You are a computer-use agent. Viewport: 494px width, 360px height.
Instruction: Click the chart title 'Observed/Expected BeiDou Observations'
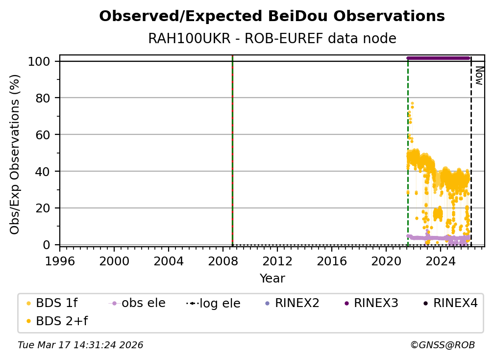272,17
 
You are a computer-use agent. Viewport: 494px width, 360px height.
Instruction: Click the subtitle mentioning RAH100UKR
272,39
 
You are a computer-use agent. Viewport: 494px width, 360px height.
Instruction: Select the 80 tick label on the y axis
45,98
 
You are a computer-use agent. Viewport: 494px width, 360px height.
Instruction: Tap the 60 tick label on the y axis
45,135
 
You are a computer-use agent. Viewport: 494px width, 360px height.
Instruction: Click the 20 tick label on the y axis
45,208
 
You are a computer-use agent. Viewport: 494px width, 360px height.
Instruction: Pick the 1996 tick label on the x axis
60,260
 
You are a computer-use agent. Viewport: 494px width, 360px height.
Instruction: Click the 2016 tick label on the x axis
332,260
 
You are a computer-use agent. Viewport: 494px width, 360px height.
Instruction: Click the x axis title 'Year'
272,279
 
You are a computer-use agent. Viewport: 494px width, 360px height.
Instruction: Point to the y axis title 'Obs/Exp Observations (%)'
15,154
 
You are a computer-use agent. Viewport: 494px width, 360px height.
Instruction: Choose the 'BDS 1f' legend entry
56,304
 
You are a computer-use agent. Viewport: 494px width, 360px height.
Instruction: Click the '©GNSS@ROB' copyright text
442,345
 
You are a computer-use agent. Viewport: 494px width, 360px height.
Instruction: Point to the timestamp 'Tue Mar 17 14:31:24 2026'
80,345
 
